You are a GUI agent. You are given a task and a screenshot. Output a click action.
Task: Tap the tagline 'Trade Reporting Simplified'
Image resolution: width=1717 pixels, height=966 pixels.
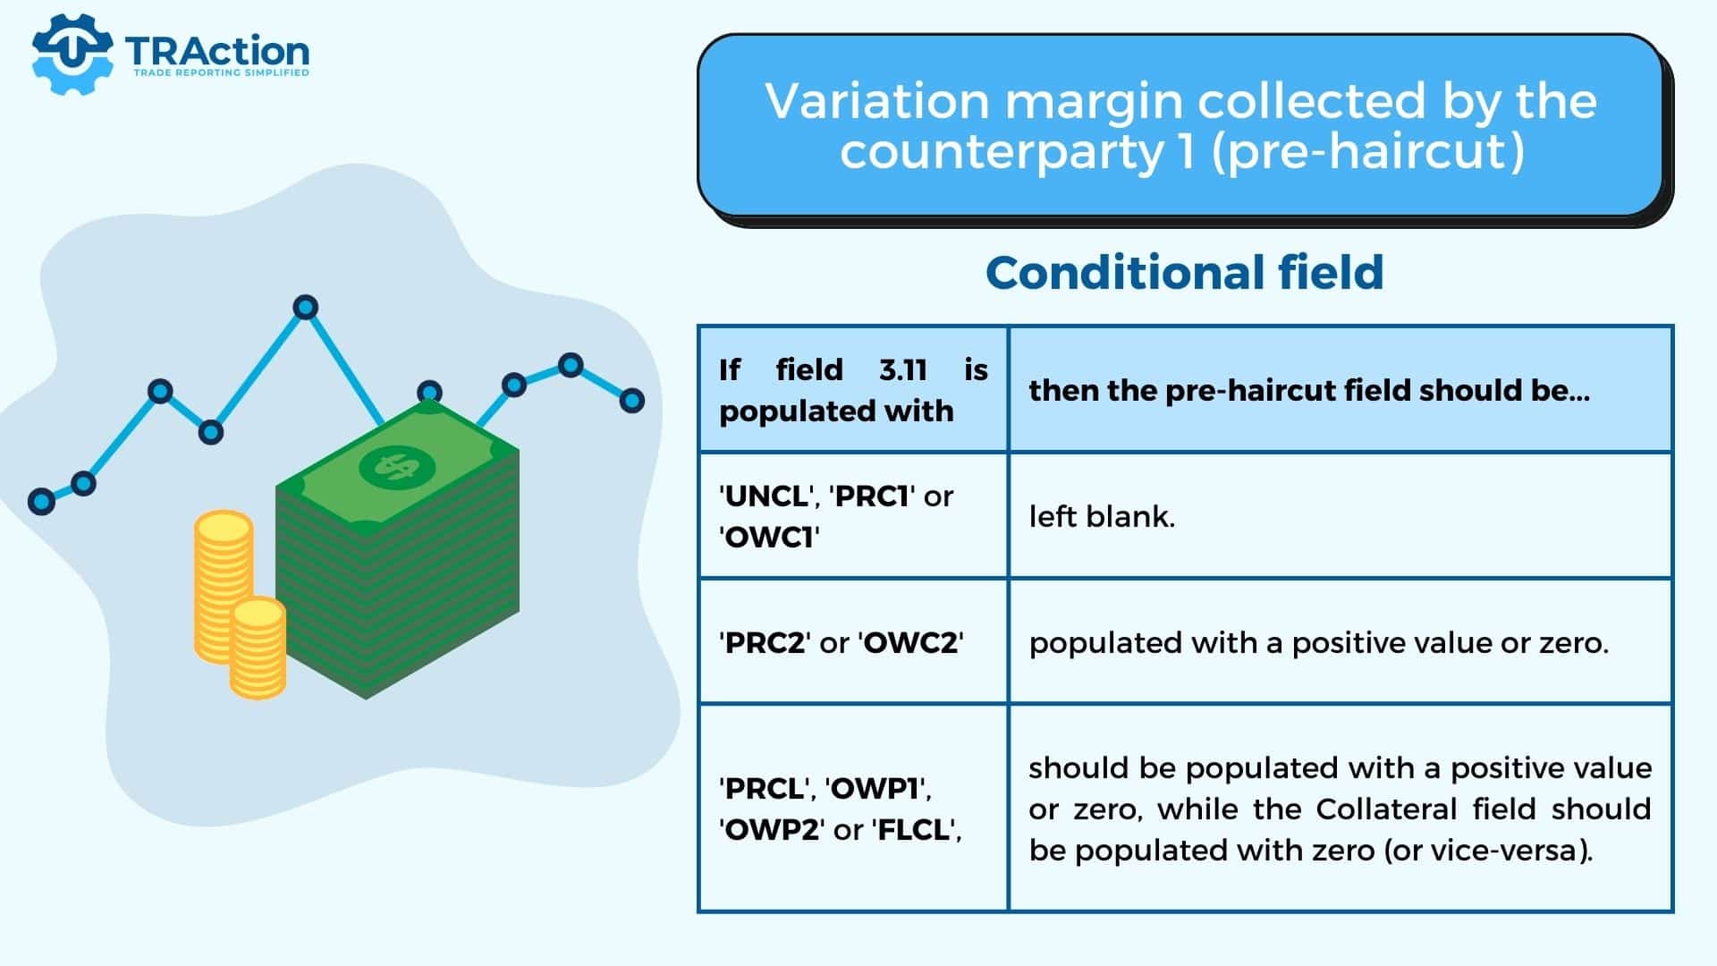tap(221, 72)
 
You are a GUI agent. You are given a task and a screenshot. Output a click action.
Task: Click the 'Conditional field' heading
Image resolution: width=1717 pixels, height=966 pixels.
tap(1184, 273)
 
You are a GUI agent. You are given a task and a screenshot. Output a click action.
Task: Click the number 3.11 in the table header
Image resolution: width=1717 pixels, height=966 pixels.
tap(903, 369)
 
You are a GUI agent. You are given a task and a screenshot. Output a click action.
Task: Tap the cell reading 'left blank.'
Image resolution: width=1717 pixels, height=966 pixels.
tap(1102, 516)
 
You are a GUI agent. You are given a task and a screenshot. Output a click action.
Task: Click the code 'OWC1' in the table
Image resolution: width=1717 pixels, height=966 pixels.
tap(768, 538)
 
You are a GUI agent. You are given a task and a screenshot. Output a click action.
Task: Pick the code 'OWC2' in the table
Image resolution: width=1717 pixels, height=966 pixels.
tap(910, 643)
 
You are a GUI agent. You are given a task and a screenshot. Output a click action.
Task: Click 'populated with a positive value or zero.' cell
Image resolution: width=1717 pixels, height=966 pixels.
tap(1319, 643)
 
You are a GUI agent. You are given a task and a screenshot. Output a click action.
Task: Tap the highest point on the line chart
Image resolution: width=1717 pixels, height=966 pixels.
tap(306, 308)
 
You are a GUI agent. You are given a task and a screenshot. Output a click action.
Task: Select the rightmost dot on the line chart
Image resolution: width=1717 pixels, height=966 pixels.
tap(632, 401)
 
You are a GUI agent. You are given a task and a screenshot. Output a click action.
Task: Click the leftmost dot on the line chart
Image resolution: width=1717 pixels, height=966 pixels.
tap(41, 501)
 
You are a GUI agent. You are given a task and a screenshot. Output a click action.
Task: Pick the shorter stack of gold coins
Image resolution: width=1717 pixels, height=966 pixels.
tap(258, 648)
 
